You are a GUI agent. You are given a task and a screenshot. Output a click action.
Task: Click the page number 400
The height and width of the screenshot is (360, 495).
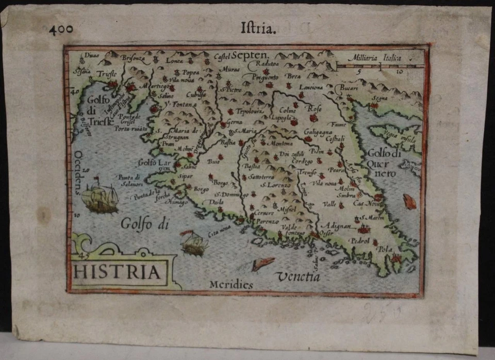(61, 29)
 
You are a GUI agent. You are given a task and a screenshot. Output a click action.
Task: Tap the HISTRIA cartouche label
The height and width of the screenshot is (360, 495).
(117, 272)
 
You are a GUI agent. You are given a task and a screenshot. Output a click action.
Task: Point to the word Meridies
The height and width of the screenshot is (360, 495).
(231, 285)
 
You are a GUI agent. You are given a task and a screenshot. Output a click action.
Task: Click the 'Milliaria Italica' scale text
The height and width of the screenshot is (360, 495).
(374, 59)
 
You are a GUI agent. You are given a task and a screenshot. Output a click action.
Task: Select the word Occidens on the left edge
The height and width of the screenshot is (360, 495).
(78, 172)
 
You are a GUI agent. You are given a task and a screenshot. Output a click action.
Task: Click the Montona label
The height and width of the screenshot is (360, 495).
(280, 143)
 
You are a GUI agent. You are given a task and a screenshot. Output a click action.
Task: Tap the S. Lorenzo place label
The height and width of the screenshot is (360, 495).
(275, 185)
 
